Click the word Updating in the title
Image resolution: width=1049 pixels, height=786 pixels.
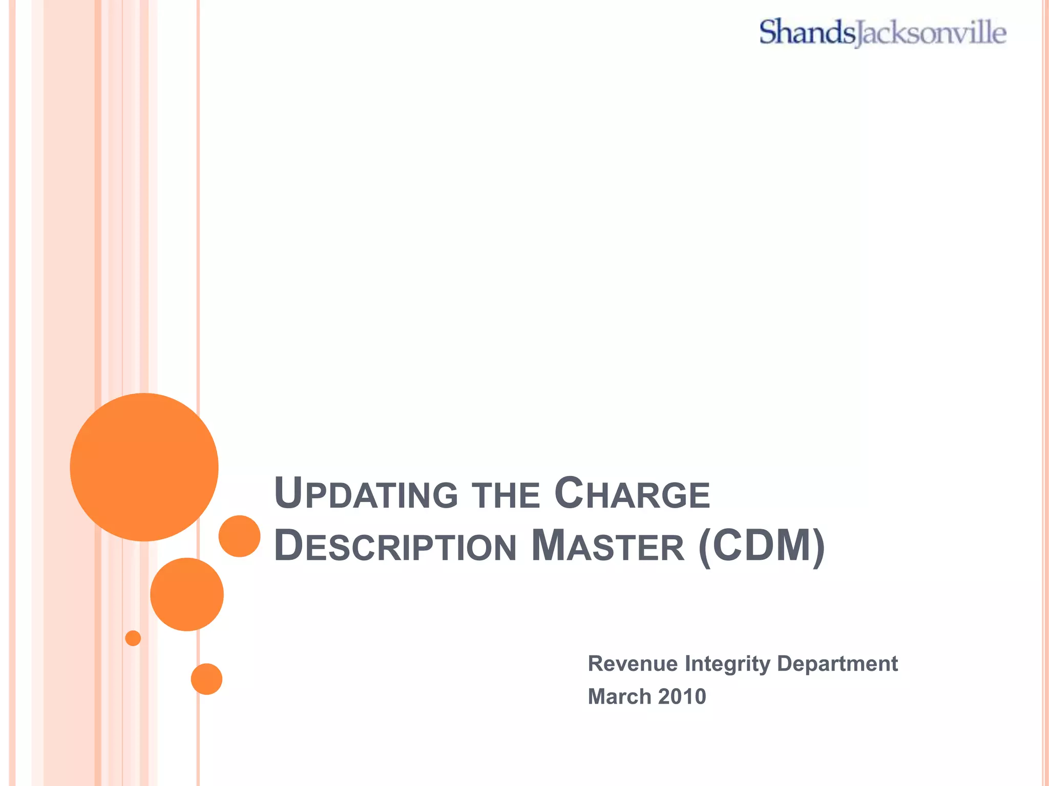click(366, 494)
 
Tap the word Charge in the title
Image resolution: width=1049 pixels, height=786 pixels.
click(632, 494)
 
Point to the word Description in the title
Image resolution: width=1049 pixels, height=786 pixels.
click(395, 547)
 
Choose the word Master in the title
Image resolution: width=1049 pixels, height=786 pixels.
click(607, 547)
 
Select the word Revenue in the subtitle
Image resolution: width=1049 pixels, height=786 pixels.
click(633, 664)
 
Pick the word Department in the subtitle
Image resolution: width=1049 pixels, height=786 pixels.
click(837, 664)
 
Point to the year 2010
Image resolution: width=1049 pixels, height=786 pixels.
click(682, 696)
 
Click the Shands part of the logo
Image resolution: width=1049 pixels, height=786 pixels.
click(806, 32)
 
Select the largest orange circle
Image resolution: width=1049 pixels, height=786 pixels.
click(144, 467)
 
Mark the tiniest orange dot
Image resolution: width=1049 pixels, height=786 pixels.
click(133, 638)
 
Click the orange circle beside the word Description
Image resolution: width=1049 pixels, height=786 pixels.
click(239, 536)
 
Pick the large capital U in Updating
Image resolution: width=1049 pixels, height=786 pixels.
click(288, 492)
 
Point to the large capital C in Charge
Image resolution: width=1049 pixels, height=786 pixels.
click(569, 492)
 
